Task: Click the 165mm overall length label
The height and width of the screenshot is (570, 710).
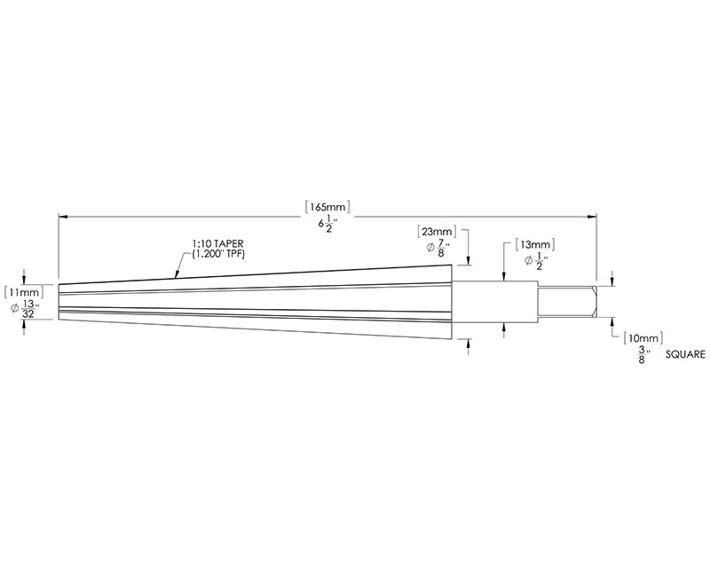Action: pos(327,205)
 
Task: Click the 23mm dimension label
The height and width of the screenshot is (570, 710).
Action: pos(438,231)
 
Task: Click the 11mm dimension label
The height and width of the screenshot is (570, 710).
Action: pos(23,291)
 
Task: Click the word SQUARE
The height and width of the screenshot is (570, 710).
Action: pos(684,353)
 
